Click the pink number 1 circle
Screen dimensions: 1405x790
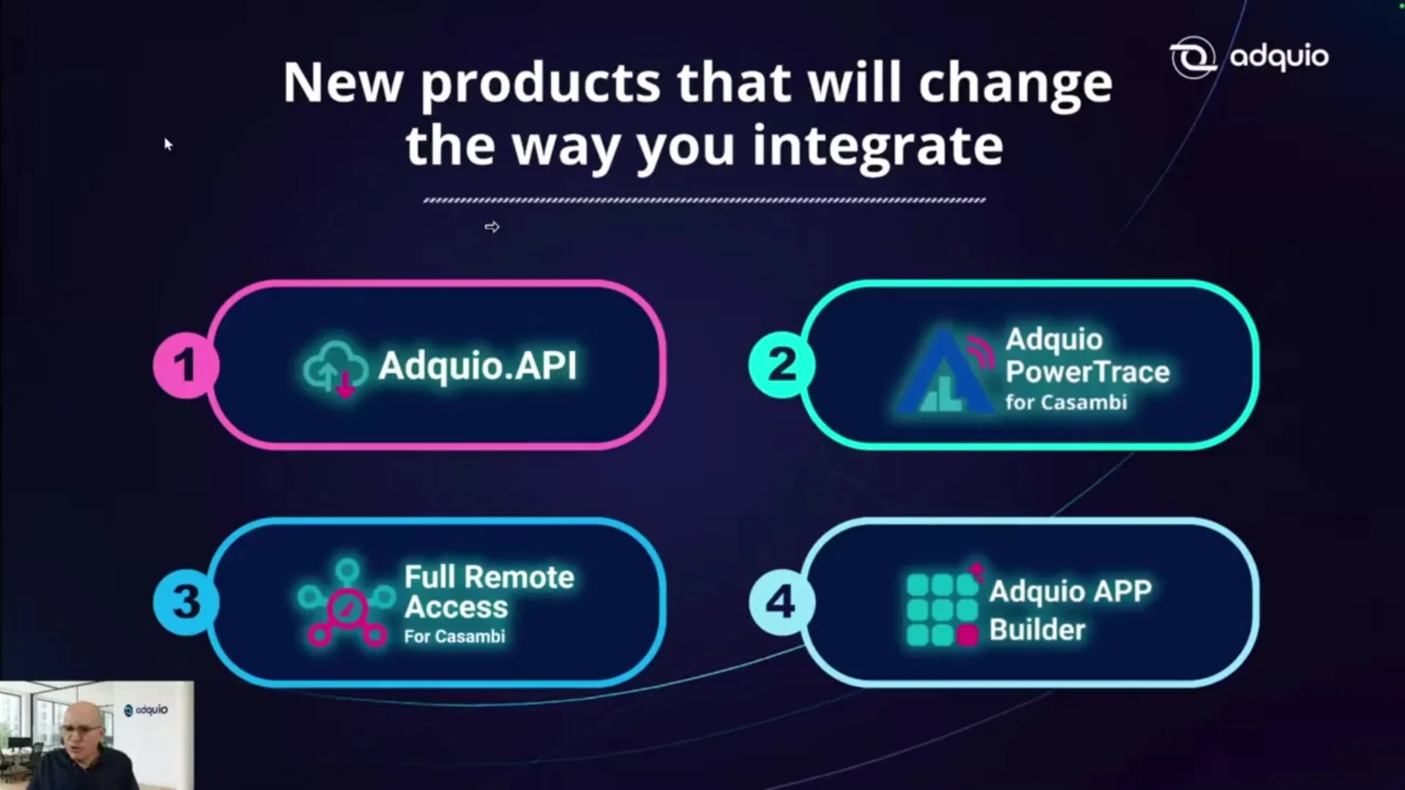pyautogui.click(x=185, y=364)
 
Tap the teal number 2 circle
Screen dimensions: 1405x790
pyautogui.click(x=782, y=364)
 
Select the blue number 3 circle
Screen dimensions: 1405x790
pyautogui.click(x=186, y=602)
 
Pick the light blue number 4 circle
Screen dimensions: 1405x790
pyautogui.click(x=782, y=602)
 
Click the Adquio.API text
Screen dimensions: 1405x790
pyautogui.click(x=478, y=365)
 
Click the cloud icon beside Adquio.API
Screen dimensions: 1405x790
pyautogui.click(x=335, y=368)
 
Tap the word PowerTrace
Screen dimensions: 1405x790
pyautogui.click(x=1087, y=372)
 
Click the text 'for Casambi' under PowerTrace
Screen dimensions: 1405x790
pyautogui.click(x=1066, y=402)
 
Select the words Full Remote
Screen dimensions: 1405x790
pyautogui.click(x=490, y=577)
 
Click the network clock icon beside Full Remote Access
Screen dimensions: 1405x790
pyautogui.click(x=347, y=603)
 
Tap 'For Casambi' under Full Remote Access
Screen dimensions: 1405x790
pyautogui.click(x=454, y=636)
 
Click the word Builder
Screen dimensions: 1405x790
pyautogui.click(x=1037, y=630)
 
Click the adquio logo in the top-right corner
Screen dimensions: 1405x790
pyautogui.click(x=1249, y=57)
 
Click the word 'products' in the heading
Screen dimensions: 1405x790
pyautogui.click(x=541, y=82)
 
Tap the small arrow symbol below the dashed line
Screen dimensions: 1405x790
pyautogui.click(x=492, y=227)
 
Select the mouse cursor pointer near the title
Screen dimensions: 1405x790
pyautogui.click(x=168, y=144)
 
